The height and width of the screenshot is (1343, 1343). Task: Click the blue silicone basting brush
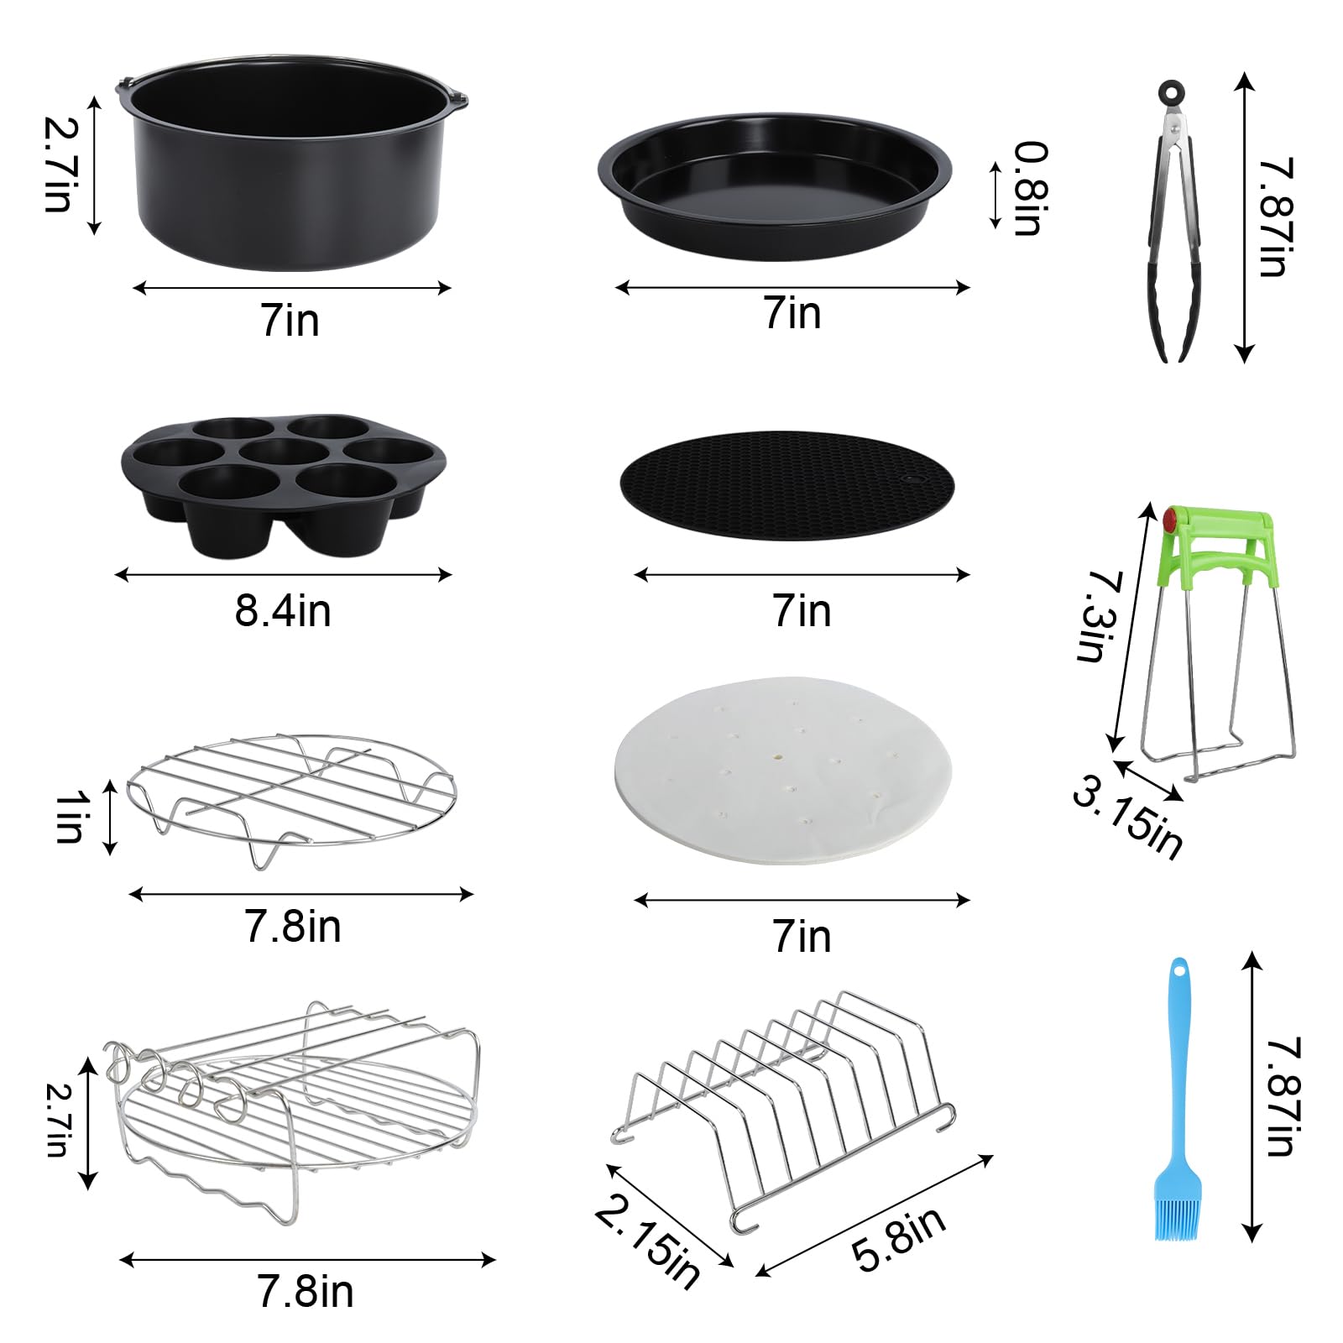tap(1178, 1108)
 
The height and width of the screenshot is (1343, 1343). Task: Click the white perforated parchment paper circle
tap(784, 769)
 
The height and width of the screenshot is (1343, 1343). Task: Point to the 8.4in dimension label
tap(283, 610)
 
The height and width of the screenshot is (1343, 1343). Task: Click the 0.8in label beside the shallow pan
tap(1031, 189)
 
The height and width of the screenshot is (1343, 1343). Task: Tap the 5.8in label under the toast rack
tap(898, 1239)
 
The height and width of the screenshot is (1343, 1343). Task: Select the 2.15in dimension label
tap(646, 1242)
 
